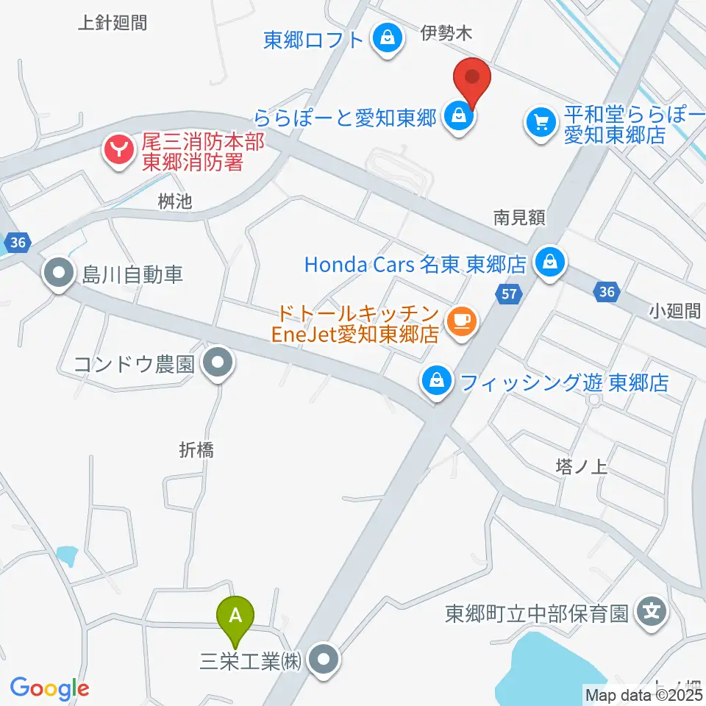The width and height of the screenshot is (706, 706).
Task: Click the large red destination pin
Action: click(x=472, y=79)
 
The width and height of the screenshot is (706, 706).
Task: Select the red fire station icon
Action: click(x=118, y=151)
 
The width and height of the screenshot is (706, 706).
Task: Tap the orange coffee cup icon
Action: click(x=461, y=321)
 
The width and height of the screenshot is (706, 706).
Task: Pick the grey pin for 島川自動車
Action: click(x=58, y=275)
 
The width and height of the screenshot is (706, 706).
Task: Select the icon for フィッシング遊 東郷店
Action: click(x=437, y=382)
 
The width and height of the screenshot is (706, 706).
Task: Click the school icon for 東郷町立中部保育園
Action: click(x=651, y=612)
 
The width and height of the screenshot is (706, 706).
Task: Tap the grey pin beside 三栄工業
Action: click(x=324, y=660)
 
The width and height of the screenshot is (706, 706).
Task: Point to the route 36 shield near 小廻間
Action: click(x=605, y=293)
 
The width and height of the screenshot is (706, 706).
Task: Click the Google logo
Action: click(x=49, y=688)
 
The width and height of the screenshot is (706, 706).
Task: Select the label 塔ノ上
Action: click(x=580, y=466)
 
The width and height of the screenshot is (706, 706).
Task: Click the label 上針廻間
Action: click(x=113, y=23)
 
